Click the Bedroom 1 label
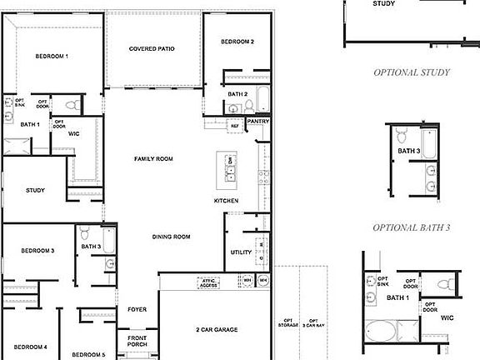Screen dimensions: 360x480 click(52, 57)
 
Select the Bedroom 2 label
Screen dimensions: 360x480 click(237, 42)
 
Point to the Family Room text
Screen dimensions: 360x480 click(153, 158)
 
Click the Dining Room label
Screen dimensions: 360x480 click(172, 237)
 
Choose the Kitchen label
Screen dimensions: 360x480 click(227, 201)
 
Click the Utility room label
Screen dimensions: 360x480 click(241, 252)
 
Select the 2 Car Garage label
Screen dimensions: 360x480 click(217, 330)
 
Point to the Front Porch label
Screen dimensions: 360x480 click(137, 341)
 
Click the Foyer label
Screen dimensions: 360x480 click(137, 310)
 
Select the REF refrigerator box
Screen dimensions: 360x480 click(235, 126)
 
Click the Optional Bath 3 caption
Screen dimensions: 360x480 click(411, 227)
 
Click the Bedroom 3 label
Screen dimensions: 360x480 click(37, 250)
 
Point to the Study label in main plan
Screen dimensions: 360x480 click(35, 190)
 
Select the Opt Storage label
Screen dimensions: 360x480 click(287, 325)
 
